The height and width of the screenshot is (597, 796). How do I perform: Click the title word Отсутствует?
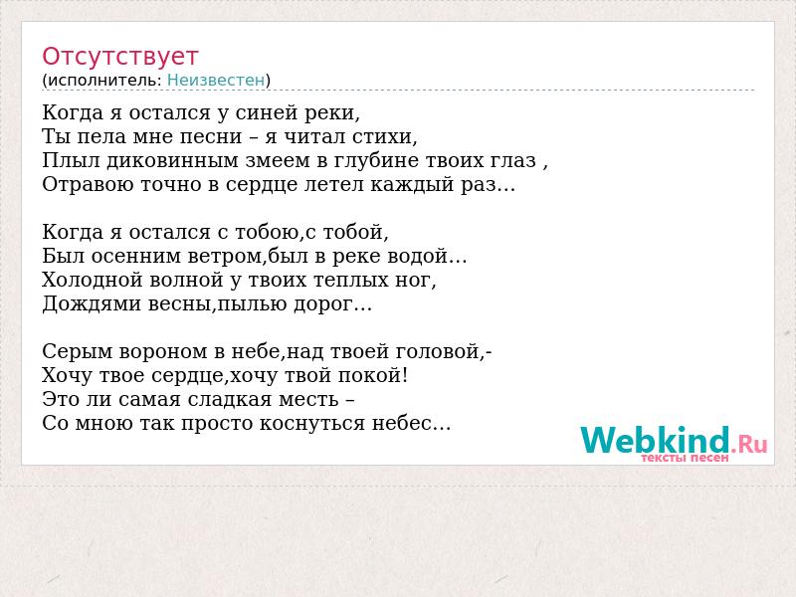click(x=119, y=56)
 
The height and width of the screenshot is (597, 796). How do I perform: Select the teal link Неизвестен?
click(x=216, y=81)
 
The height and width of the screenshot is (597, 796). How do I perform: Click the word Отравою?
click(x=88, y=184)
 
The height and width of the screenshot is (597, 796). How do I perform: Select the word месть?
click(x=308, y=400)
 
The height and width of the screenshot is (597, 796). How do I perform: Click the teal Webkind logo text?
click(x=655, y=440)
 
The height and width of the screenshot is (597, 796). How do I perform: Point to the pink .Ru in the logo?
click(x=749, y=444)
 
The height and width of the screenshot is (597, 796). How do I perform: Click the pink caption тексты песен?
click(x=685, y=458)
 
